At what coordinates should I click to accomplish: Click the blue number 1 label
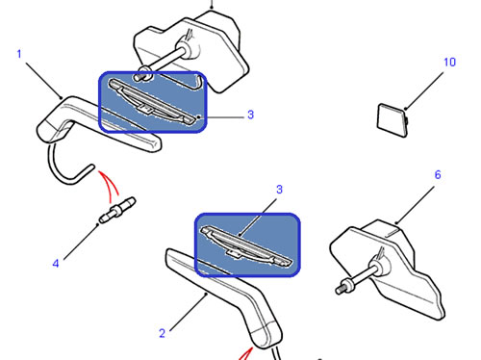point(19,54)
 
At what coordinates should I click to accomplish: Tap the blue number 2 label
point(163,333)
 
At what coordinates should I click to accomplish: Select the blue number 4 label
point(56,264)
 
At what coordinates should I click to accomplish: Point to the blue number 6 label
point(438,175)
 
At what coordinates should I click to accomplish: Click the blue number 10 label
point(449,62)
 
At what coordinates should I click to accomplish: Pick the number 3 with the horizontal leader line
point(251,115)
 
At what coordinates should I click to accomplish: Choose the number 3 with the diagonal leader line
point(279,190)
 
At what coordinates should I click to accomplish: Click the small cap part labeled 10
point(392,120)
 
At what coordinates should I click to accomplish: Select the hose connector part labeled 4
point(117,210)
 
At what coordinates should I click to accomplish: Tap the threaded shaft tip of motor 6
point(341,290)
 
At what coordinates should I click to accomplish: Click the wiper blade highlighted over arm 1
point(152,101)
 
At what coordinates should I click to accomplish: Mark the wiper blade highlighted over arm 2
point(246,245)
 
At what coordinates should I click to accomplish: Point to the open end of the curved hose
point(91,167)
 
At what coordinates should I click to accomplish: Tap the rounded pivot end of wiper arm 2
point(266,335)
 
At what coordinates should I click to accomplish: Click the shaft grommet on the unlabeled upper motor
point(189,48)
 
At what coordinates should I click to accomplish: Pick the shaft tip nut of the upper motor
point(140,73)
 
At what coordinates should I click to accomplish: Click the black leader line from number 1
point(44,81)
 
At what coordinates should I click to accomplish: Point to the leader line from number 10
point(423,91)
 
